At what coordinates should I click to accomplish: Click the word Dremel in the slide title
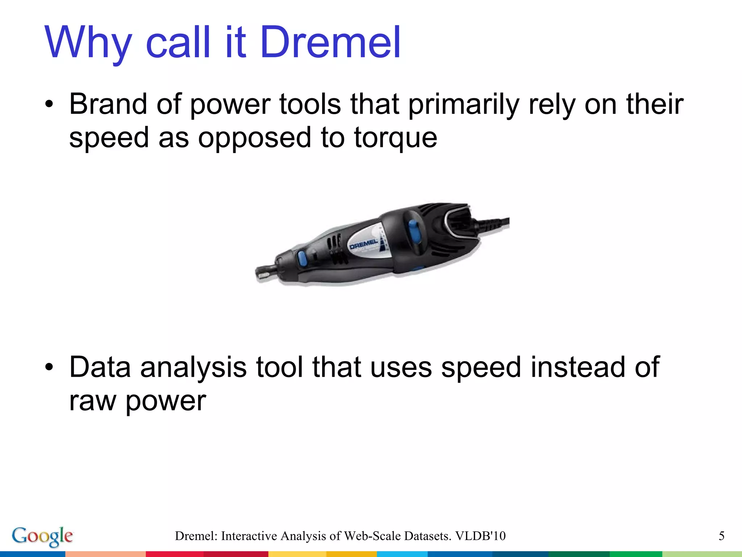tap(330, 43)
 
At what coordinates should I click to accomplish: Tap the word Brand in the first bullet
tap(108, 104)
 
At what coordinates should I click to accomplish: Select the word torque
tap(395, 139)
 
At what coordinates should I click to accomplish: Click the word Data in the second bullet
tap(100, 367)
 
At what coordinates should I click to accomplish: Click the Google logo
tap(42, 536)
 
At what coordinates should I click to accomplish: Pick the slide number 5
tap(721, 536)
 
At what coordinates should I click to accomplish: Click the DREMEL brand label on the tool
tap(363, 244)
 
